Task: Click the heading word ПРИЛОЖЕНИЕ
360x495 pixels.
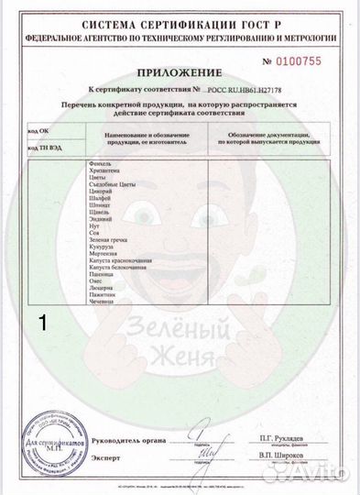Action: point(180,71)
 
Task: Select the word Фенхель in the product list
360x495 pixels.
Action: point(93,162)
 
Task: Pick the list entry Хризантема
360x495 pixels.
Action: point(98,170)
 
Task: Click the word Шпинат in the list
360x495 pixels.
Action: point(93,209)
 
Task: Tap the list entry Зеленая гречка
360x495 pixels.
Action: point(102,239)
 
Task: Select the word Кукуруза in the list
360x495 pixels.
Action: point(96,247)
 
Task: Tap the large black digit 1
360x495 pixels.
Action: point(41,322)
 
